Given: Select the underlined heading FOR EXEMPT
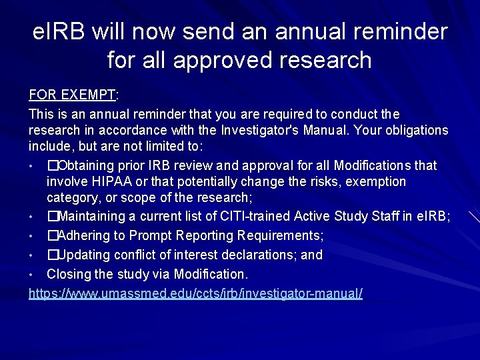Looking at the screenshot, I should (x=72, y=95).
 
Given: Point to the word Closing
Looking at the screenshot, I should (x=67, y=274).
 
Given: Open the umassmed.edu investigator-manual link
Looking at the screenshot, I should (x=195, y=293).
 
